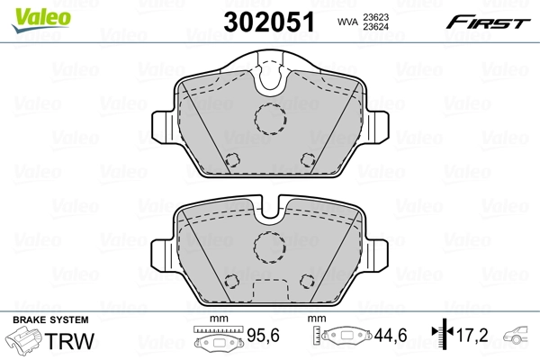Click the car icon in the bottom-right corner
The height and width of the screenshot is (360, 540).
click(520, 338)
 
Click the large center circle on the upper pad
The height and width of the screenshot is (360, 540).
click(268, 118)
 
